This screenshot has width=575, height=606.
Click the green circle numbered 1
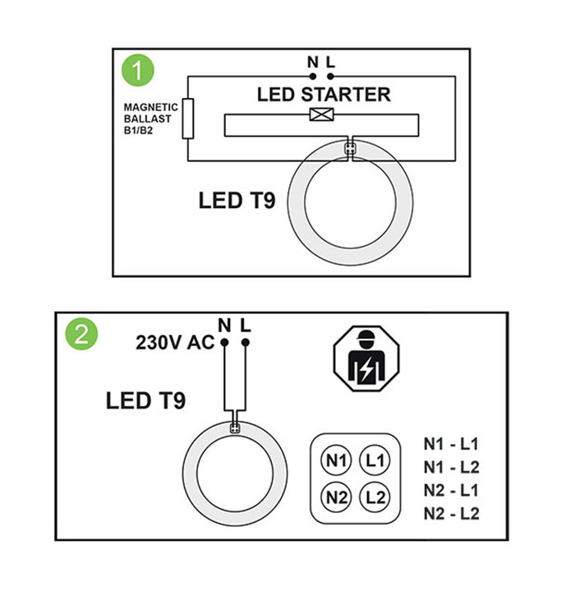(138, 71)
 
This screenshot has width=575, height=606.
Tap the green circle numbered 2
(81, 335)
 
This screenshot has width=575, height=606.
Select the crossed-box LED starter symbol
(322, 115)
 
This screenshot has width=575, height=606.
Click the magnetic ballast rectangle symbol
(187, 118)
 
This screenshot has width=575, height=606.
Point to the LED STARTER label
(324, 95)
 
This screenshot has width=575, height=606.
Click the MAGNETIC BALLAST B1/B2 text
(150, 118)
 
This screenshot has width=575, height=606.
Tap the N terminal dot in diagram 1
(313, 76)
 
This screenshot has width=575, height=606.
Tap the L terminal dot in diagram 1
(330, 76)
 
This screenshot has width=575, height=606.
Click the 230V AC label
(174, 342)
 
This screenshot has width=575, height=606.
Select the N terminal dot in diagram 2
(224, 342)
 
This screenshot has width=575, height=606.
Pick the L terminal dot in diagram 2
(246, 342)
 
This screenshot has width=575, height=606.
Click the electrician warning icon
(366, 359)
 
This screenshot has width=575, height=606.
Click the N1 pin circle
(336, 460)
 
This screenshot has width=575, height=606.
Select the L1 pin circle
(375, 460)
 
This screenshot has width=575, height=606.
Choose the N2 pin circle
(336, 497)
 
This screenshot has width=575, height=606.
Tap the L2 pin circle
(375, 497)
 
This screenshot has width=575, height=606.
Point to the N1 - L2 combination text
(452, 467)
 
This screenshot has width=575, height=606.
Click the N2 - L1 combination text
(452, 490)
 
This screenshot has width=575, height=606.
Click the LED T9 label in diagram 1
(237, 200)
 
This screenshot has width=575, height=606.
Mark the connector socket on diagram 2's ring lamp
(235, 428)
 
